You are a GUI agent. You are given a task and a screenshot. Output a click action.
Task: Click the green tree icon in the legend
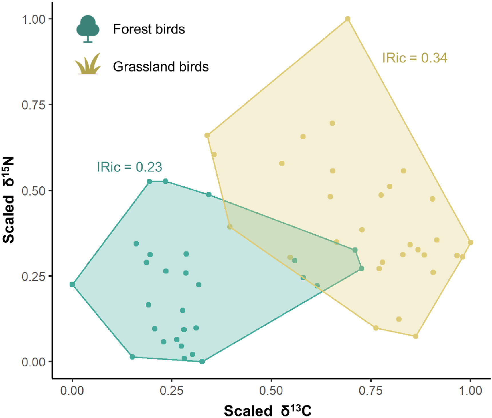point(88,29)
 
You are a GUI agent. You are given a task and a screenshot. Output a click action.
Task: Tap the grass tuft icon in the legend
point(88,64)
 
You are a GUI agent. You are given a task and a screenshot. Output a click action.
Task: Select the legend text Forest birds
point(149,29)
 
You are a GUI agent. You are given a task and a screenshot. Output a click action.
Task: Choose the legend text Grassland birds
point(161,67)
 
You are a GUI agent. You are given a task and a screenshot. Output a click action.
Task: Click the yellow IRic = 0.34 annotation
point(415,58)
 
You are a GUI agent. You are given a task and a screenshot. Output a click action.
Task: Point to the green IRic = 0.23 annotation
point(129,167)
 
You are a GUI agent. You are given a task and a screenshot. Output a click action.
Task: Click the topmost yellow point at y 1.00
point(348,19)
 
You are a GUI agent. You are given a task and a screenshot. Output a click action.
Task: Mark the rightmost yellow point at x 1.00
point(470,242)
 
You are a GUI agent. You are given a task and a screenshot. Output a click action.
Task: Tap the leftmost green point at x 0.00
point(72,285)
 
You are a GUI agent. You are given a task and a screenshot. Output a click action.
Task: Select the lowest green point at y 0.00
point(202,362)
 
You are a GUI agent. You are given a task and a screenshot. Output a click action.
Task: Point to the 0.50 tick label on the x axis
point(271,391)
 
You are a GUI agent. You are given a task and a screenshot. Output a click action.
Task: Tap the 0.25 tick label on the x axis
point(171,391)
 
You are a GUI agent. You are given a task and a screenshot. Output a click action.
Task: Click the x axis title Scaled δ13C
point(268,410)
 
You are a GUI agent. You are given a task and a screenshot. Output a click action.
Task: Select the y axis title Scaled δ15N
point(9,200)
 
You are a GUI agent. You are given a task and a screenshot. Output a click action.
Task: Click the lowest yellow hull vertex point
point(416,336)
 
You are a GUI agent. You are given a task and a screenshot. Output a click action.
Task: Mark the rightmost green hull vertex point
point(361,268)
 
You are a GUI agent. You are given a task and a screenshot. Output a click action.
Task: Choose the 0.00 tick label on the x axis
point(72,391)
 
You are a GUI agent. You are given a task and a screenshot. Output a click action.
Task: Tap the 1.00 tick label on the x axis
point(470,391)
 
